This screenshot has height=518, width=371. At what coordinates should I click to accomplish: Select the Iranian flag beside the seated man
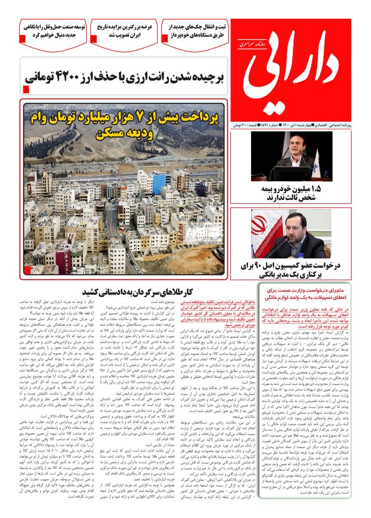(260, 231)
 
